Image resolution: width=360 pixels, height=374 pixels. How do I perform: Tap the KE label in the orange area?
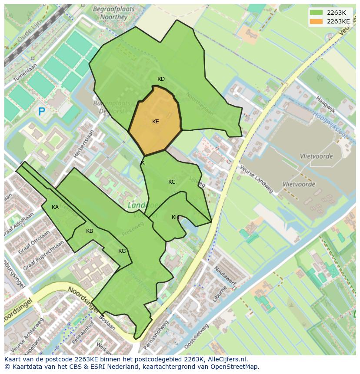coord(156,122)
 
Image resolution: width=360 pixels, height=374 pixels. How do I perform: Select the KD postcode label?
coord(161,79)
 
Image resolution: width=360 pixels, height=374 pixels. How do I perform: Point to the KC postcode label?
coord(172,182)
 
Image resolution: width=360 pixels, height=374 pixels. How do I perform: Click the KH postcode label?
coord(175,217)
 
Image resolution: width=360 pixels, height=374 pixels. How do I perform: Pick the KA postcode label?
coord(55,207)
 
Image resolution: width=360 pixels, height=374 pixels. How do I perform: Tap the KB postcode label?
coord(90,231)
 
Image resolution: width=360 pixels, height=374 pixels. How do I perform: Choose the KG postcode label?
coord(122,251)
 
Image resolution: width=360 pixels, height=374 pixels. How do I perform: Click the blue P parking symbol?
coord(42,112)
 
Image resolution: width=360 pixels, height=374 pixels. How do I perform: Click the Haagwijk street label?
coord(326,105)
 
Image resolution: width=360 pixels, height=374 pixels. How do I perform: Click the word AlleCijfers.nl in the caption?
coord(226,359)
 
